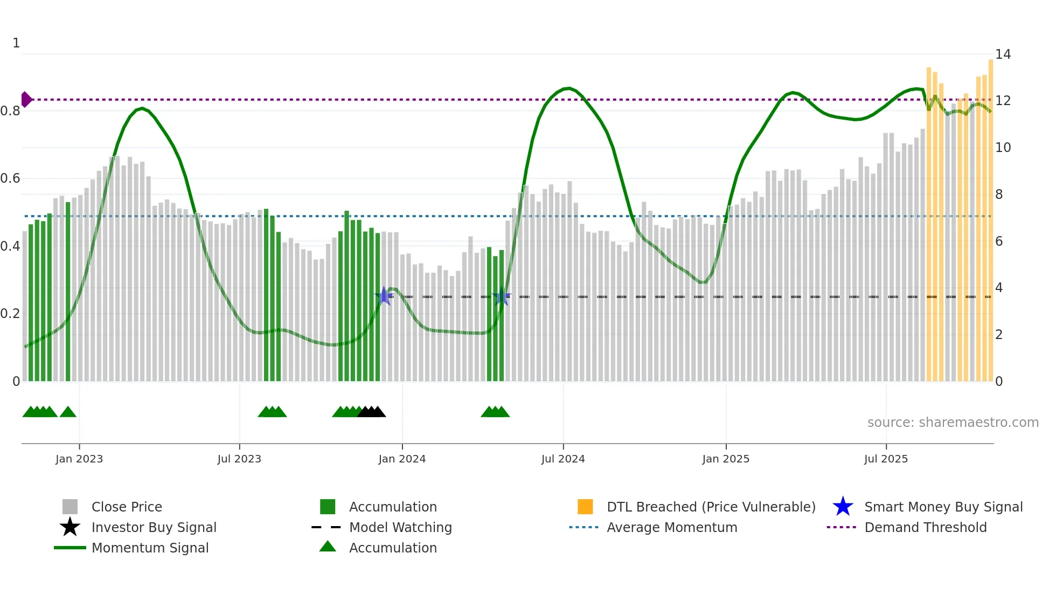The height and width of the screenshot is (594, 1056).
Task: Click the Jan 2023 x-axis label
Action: click(x=79, y=459)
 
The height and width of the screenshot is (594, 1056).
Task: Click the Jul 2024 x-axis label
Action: click(x=563, y=459)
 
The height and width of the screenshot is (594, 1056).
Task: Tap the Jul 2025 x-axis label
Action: click(x=886, y=459)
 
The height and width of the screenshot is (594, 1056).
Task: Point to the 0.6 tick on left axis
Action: click(x=10, y=178)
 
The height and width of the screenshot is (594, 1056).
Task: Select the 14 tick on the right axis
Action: click(x=1003, y=54)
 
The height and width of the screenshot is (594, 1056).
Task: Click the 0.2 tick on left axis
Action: click(x=10, y=314)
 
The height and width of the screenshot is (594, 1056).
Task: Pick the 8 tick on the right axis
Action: click(x=999, y=195)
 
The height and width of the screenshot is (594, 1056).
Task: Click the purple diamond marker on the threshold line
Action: click(x=26, y=100)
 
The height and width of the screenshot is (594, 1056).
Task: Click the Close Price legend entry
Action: click(x=127, y=507)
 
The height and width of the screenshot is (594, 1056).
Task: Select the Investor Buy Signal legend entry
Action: click(x=154, y=528)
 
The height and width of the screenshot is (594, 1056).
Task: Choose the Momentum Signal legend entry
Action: click(x=150, y=548)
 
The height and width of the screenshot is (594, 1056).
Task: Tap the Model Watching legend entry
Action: click(x=400, y=528)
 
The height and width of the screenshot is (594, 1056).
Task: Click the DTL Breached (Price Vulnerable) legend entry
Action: click(x=711, y=507)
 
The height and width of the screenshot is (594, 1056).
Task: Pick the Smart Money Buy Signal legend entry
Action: click(x=943, y=507)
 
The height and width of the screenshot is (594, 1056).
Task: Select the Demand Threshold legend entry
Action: click(x=925, y=528)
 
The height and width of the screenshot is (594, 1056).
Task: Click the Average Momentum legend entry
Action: click(x=672, y=528)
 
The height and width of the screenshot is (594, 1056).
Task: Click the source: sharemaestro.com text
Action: click(x=953, y=423)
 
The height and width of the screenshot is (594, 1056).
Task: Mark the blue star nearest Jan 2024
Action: click(x=384, y=296)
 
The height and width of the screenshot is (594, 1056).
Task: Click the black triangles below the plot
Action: click(x=372, y=412)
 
